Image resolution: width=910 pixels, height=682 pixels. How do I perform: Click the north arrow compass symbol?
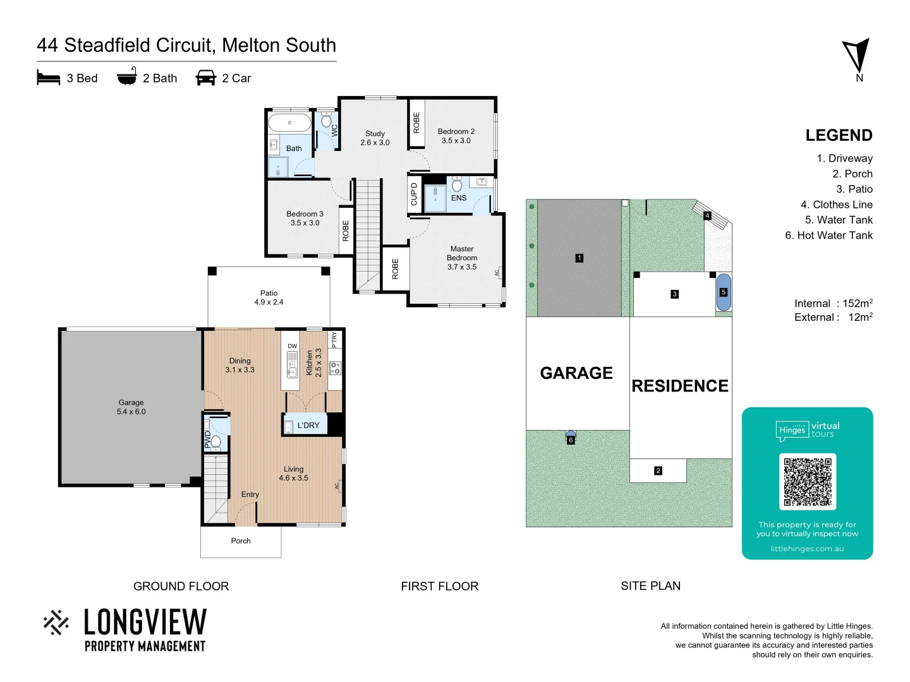[x=856, y=57]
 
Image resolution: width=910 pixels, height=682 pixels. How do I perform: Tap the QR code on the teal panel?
[x=808, y=482]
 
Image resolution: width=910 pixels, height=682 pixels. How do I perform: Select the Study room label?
[x=375, y=138]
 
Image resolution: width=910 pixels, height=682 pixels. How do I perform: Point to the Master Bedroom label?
[x=462, y=258]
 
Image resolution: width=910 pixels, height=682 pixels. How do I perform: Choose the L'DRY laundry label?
[x=308, y=426]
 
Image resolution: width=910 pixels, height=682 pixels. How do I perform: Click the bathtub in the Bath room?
[x=289, y=123]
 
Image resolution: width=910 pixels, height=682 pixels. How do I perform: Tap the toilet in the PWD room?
[x=215, y=441]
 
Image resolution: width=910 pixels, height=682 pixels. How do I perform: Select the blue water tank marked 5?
[x=724, y=292]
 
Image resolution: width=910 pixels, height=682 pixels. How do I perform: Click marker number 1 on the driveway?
[x=579, y=258]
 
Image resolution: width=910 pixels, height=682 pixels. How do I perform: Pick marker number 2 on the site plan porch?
[x=658, y=470]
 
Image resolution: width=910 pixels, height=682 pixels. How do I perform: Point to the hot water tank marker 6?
[x=571, y=440]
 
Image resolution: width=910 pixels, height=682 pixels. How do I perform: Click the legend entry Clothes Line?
[x=836, y=205]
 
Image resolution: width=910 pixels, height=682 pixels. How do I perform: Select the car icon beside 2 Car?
[x=206, y=78]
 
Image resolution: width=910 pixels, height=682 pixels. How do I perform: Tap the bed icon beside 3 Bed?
[x=49, y=78]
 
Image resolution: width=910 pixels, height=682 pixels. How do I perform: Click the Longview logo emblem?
[x=56, y=622]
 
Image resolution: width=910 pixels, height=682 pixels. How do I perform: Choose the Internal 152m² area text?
[x=833, y=304]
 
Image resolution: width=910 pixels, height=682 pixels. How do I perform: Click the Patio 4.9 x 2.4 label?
[x=269, y=297]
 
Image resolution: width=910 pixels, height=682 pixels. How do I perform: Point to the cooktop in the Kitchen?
[x=335, y=368]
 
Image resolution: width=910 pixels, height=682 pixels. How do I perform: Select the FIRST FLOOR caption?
[x=439, y=586]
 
